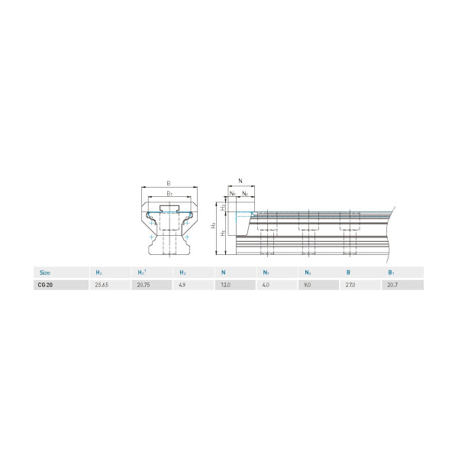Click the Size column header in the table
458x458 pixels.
[x=45, y=272]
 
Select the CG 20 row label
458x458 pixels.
[x=45, y=285]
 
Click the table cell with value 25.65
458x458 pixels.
[x=102, y=285]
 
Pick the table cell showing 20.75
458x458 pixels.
[x=144, y=285]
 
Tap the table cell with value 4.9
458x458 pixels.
[x=183, y=285]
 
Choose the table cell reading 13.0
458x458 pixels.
[x=227, y=285]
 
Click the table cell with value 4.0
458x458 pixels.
[x=267, y=285]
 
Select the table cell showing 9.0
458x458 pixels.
[x=308, y=285]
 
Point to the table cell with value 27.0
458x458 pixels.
[x=351, y=285]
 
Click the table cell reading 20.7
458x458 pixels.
[x=392, y=285]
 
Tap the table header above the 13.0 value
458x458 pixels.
[x=224, y=272]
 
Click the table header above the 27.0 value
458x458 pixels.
[x=348, y=272]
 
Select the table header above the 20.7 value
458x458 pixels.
[x=391, y=272]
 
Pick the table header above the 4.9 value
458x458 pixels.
[x=182, y=272]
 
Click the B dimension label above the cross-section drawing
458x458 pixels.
[x=169, y=184]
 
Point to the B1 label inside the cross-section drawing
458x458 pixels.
[x=169, y=195]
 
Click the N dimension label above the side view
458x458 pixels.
[x=240, y=181]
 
